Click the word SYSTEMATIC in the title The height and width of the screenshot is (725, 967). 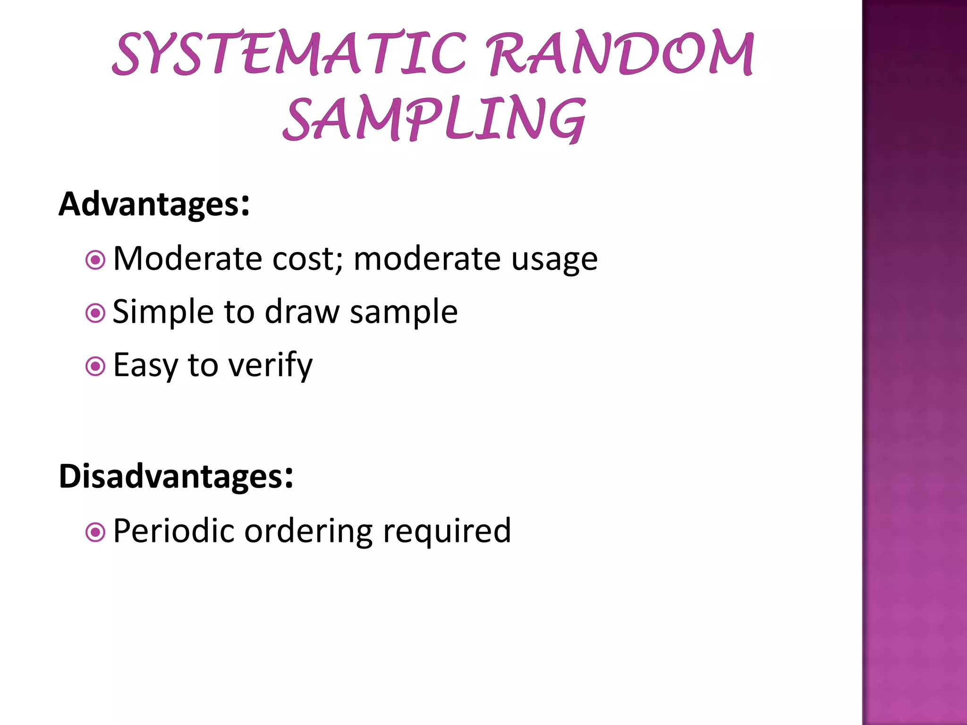[x=289, y=53]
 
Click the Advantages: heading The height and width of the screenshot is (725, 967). [x=154, y=204]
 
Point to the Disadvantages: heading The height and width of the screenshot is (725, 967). [x=176, y=476]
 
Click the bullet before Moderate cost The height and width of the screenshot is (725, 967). [x=95, y=260]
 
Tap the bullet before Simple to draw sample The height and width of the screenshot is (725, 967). [x=95, y=313]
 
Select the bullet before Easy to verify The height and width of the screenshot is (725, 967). [x=95, y=366]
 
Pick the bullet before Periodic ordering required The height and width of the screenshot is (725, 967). [x=95, y=532]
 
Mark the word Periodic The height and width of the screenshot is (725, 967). [x=174, y=531]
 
